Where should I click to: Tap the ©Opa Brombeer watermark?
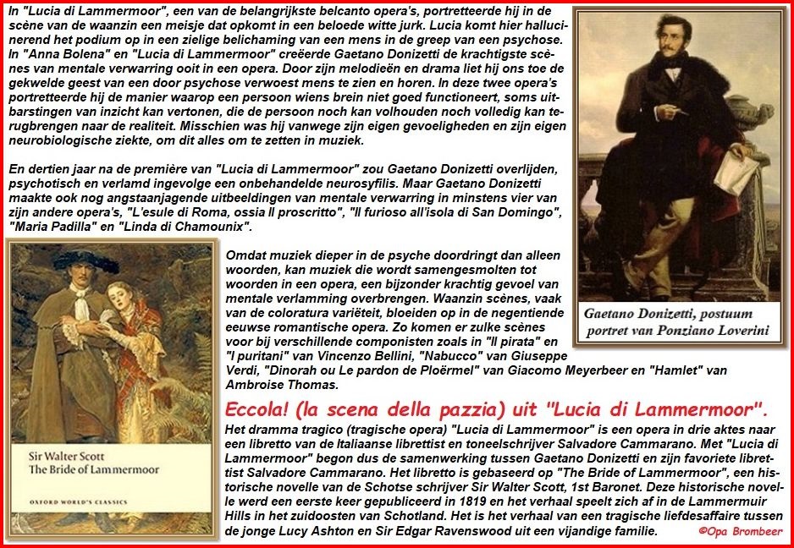(741, 531)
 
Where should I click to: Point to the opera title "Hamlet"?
(620, 370)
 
